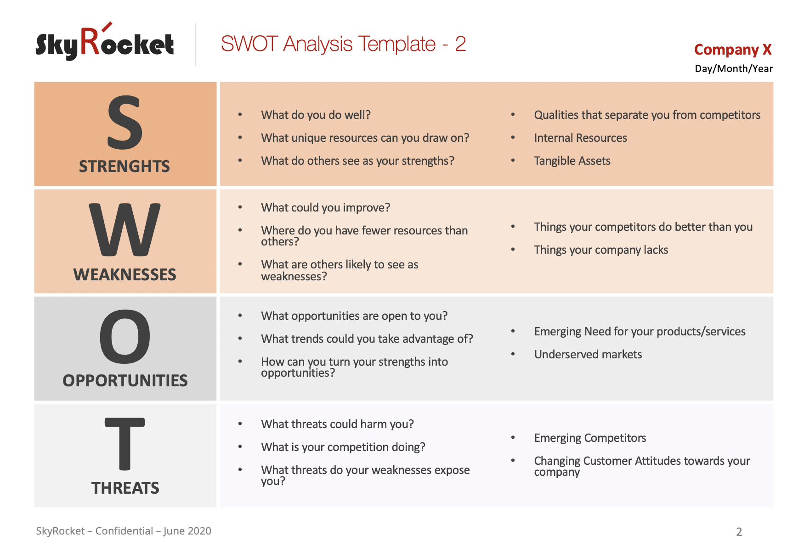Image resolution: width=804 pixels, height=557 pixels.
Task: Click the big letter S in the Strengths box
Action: pos(125,123)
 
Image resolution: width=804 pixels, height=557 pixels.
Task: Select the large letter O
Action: pos(125,336)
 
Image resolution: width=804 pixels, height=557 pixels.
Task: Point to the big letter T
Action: pos(125,444)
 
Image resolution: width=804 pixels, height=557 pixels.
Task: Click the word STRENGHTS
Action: pos(125,166)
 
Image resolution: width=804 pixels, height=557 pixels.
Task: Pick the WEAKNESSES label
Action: pos(125,274)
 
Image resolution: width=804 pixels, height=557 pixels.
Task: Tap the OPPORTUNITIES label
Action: pos(125,380)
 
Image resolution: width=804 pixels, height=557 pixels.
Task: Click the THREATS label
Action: pos(125,488)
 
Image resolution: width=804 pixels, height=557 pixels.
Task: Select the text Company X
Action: pos(732,50)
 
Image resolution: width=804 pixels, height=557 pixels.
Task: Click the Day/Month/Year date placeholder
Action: pos(733,69)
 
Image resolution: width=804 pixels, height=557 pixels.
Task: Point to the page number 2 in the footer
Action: pos(739,532)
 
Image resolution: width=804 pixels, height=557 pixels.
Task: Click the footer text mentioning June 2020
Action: pos(124,531)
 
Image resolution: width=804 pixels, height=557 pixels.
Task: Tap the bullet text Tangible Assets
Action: pos(572,161)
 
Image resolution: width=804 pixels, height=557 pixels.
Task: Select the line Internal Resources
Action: pos(580,138)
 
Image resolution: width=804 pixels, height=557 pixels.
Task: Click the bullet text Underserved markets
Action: pos(588,355)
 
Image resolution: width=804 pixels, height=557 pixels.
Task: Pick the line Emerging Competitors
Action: pos(590,438)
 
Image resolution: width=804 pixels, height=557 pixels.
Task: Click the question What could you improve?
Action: pos(325,208)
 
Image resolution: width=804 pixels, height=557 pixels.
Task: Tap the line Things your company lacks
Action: pos(600,250)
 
